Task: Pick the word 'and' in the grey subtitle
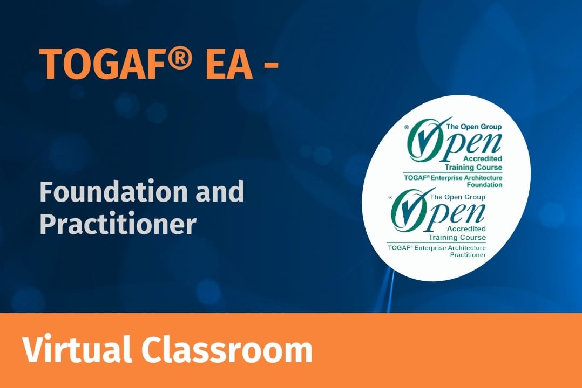(219, 192)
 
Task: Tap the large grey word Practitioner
(118, 224)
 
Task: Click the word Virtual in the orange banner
(77, 350)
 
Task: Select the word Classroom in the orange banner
(227, 350)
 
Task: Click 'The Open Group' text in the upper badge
(473, 127)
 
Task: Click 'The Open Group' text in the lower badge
(457, 197)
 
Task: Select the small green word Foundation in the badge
(484, 184)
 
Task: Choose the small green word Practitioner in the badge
(468, 254)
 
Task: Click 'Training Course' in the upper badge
(473, 167)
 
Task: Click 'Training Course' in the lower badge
(457, 237)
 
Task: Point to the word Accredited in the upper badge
(483, 158)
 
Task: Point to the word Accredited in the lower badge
(466, 228)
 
